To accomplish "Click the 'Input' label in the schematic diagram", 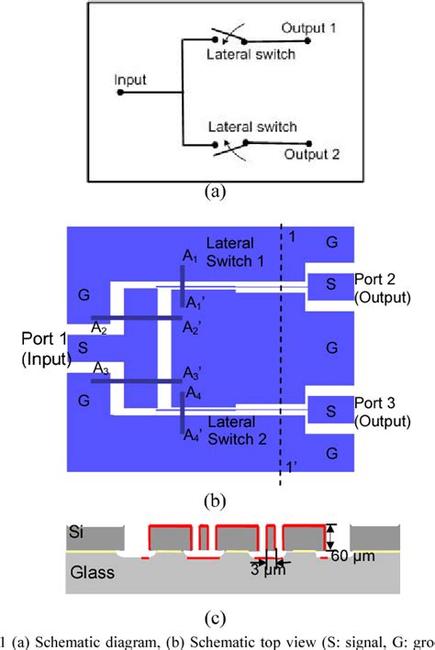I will tap(130, 80).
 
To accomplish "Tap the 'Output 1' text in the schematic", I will tap(309, 28).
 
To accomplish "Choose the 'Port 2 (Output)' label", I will tap(382, 288).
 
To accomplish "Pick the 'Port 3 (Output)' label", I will tap(382, 413).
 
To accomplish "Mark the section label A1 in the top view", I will tap(189, 259).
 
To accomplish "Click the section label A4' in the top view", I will tap(192, 436).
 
